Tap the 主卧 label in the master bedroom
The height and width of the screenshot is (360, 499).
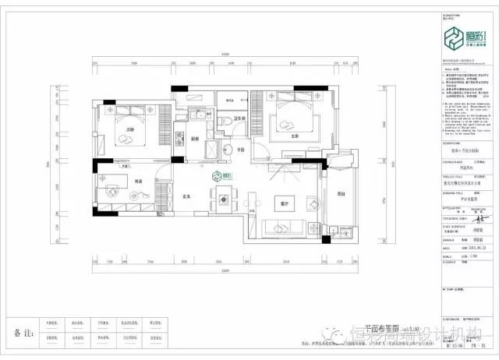[x=296, y=135]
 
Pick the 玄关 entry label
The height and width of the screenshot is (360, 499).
[x=188, y=196]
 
